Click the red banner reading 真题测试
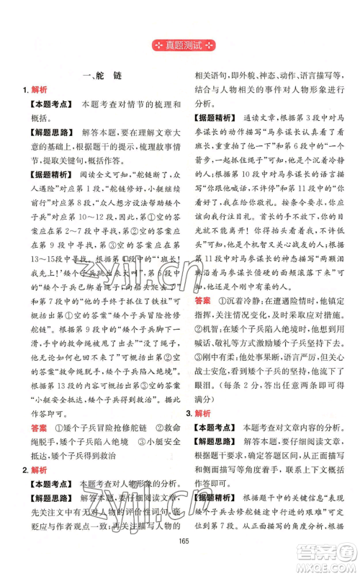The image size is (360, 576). tap(180, 48)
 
